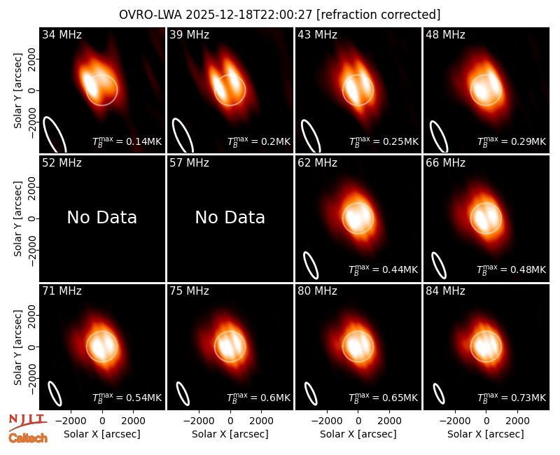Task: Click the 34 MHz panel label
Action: pyautogui.click(x=62, y=34)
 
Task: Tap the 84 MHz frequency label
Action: pyautogui.click(x=445, y=291)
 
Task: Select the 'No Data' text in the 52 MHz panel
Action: pyautogui.click(x=101, y=217)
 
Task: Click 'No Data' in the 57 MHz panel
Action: pyautogui.click(x=230, y=217)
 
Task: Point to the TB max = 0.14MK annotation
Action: pyautogui.click(x=127, y=141)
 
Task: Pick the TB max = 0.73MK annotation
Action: pyautogui.click(x=512, y=397)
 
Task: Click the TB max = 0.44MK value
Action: pyautogui.click(x=383, y=269)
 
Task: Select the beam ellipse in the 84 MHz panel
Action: pyautogui.click(x=439, y=393)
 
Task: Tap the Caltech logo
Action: pyautogui.click(x=28, y=438)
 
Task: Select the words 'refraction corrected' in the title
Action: pyautogui.click(x=379, y=15)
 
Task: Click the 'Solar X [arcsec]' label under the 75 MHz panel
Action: pyautogui.click(x=230, y=434)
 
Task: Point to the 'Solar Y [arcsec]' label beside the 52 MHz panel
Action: pyautogui.click(x=17, y=218)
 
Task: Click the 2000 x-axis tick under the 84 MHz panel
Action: pyautogui.click(x=517, y=421)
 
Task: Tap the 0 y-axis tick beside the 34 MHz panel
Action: pyautogui.click(x=32, y=90)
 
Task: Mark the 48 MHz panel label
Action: pyautogui.click(x=445, y=34)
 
